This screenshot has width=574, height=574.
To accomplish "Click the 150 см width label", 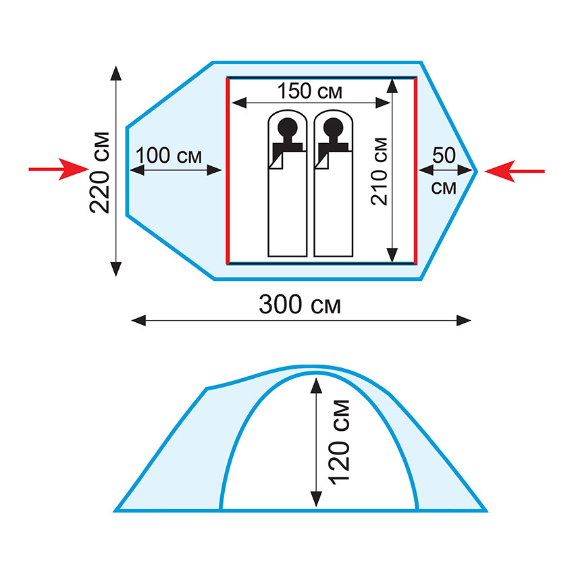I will pos(309,90).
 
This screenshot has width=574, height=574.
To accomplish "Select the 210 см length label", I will pos(380,170).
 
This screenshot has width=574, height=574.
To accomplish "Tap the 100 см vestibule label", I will pos(169,155).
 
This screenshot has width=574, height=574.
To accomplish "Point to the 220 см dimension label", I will pos(101,171).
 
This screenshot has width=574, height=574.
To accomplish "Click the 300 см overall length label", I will pos(300,305).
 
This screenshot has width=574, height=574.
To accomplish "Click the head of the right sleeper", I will pos(333,126).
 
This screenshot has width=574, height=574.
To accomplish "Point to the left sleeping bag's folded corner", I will pos(276,163).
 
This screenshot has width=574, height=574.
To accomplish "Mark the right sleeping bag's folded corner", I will pos(321,163).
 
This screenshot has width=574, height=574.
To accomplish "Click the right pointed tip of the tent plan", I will pos(477,171).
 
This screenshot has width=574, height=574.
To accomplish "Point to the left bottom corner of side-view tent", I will pos(116,510).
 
